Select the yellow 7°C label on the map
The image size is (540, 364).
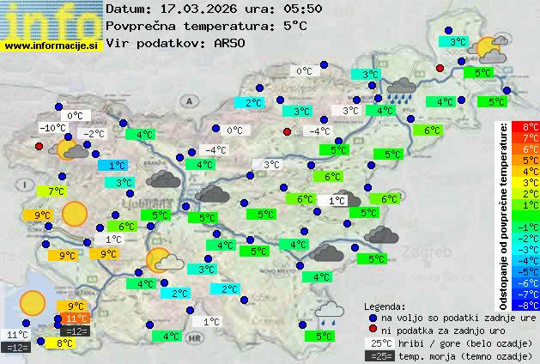[56, 191]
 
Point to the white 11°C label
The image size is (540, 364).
[17, 334]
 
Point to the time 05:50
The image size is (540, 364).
[304, 9]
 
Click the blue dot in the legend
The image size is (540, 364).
[372, 317]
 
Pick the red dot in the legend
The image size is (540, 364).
[372, 330]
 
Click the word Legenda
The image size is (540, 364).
[385, 306]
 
